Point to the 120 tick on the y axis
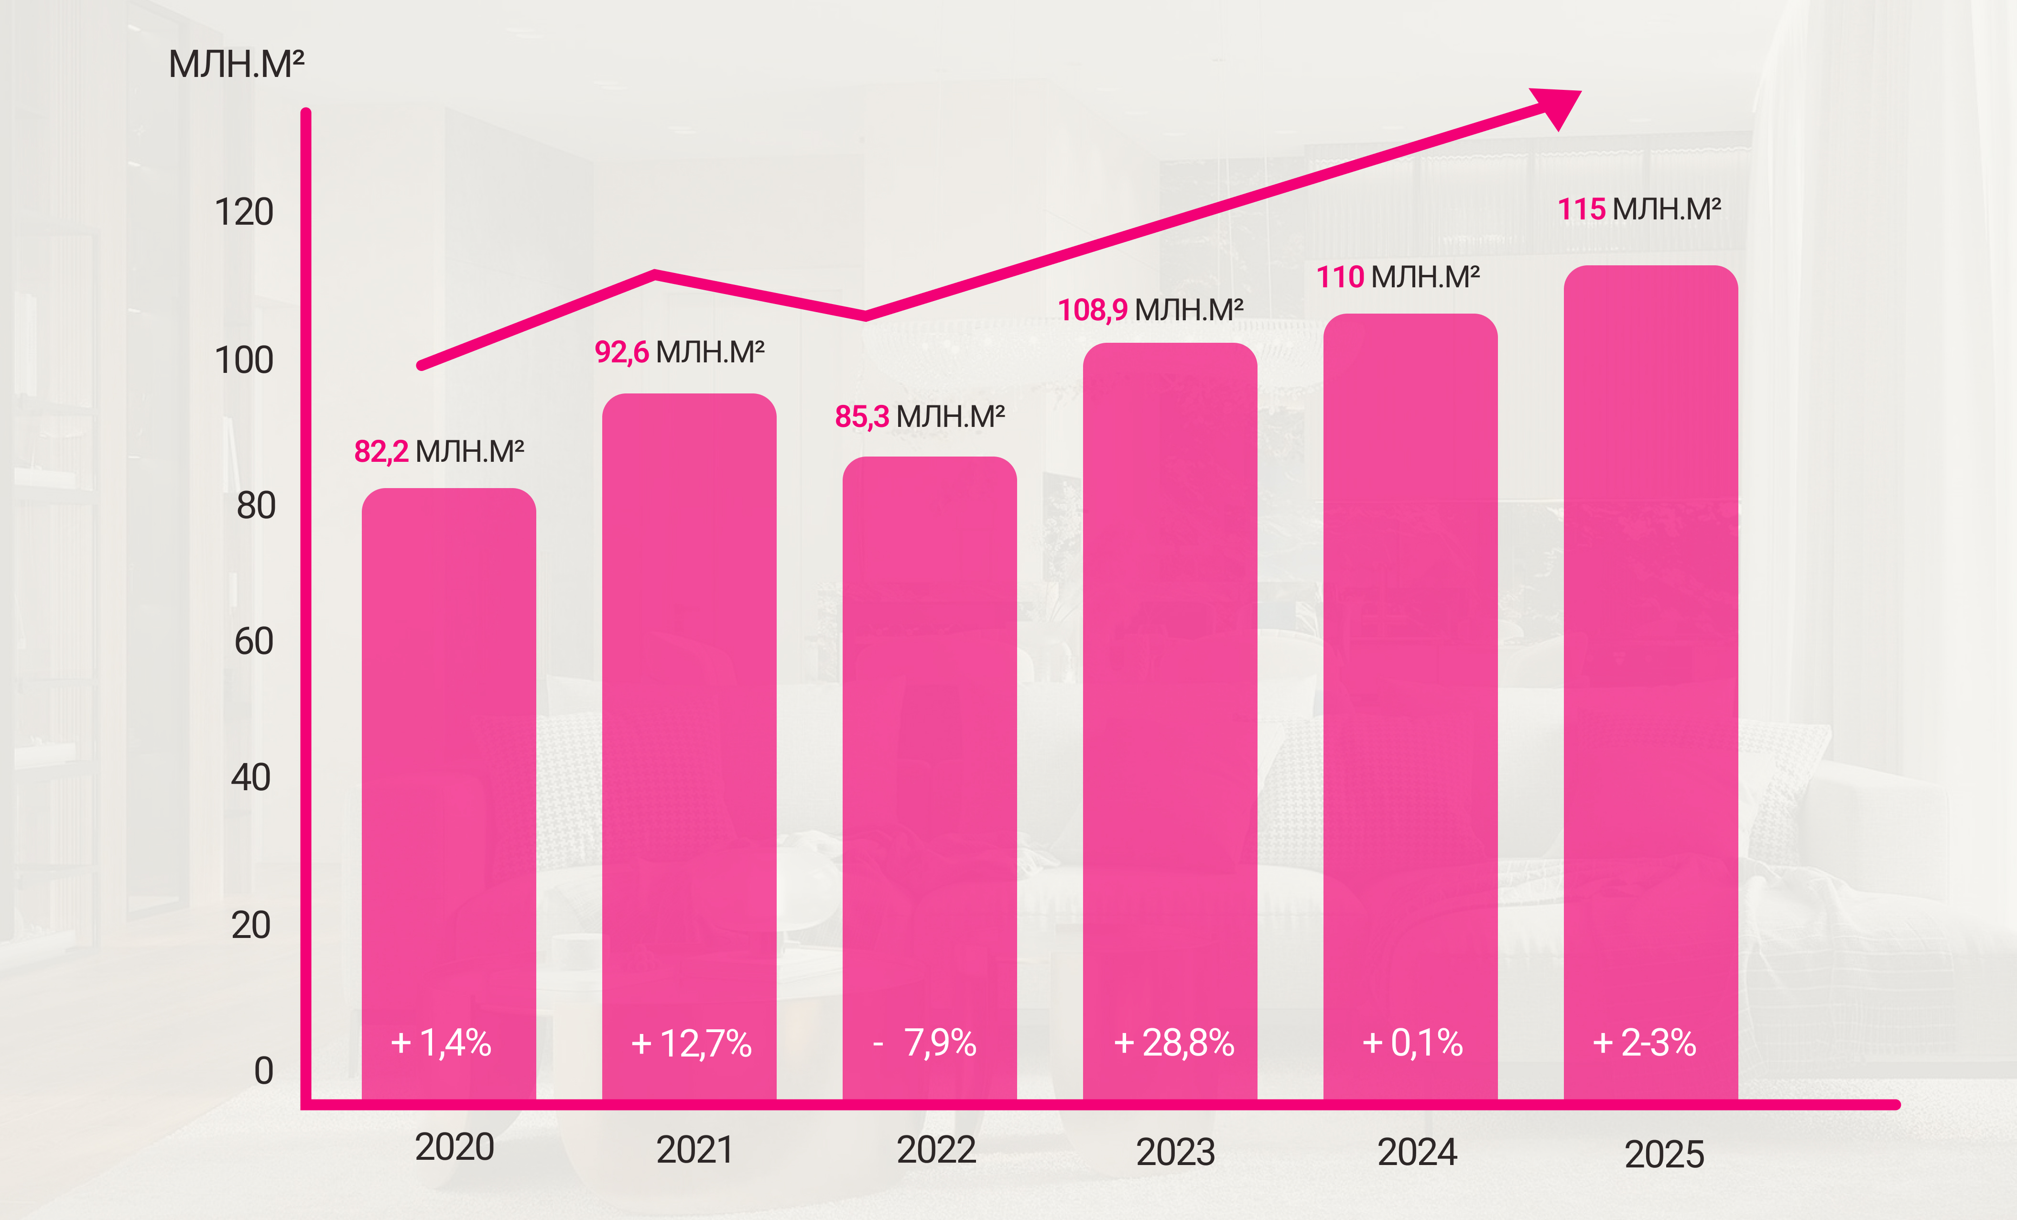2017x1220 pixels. pyautogui.click(x=243, y=212)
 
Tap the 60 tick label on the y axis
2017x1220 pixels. pyautogui.click(x=254, y=641)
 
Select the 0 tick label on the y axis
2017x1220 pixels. pyautogui.click(x=263, y=1070)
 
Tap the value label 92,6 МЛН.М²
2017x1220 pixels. pyautogui.click(x=680, y=352)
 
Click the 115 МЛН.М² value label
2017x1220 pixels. pyautogui.click(x=1639, y=209)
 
